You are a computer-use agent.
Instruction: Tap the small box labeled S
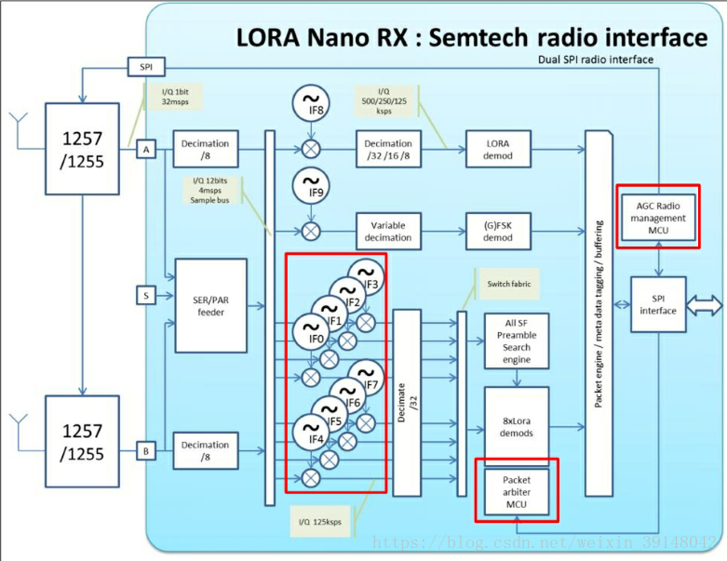point(146,296)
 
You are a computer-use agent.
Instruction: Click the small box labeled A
point(146,149)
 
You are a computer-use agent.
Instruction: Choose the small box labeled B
point(146,452)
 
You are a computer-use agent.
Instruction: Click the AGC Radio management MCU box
point(657,218)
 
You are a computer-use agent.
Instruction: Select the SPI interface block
point(658,303)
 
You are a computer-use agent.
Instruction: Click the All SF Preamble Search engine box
point(517,340)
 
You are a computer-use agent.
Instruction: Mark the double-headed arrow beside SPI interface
point(705,304)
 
